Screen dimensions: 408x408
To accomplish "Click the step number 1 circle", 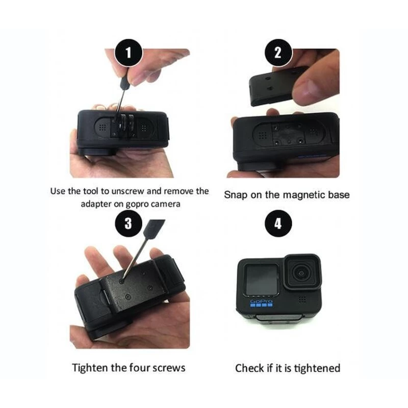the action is tap(129, 53).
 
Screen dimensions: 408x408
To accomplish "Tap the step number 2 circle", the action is tap(278, 53).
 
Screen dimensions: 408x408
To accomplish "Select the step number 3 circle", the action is tap(129, 223).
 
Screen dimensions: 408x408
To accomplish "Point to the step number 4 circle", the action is tap(278, 223).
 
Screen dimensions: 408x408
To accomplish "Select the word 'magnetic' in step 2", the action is tap(304, 195).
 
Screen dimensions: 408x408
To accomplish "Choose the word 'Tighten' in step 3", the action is tap(90, 368).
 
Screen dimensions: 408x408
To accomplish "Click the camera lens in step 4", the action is tap(301, 273).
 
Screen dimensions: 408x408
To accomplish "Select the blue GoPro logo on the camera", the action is tap(261, 303).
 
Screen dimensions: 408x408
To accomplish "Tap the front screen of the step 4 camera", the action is tap(262, 279).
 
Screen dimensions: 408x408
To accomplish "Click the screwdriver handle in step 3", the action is tap(155, 228).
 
